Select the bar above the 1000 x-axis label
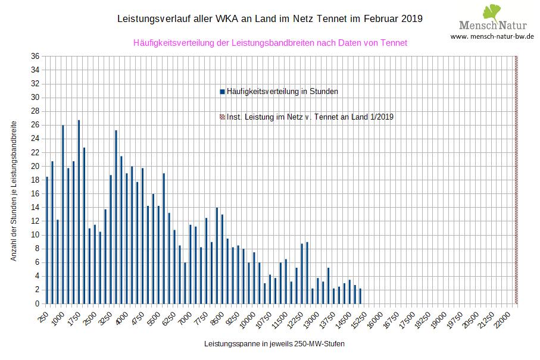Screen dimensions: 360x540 [x=63, y=214]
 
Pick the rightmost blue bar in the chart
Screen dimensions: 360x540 [x=360, y=296]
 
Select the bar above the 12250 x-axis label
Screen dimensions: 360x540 [x=302, y=274]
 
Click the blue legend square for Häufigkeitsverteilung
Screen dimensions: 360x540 [x=222, y=92]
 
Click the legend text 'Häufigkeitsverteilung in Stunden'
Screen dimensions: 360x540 [x=282, y=92]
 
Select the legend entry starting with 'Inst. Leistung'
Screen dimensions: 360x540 [x=310, y=117]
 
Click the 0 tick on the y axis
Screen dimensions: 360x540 [x=37, y=303]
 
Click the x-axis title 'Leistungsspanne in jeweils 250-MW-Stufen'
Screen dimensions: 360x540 [x=274, y=344]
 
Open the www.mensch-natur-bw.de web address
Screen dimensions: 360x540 [x=492, y=36]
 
